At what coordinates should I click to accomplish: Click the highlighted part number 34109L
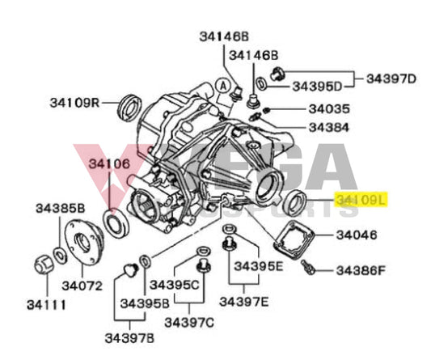pyautogui.click(x=363, y=199)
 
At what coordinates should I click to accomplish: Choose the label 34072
pyautogui.click(x=84, y=286)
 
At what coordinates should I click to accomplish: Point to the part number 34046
pyautogui.click(x=356, y=235)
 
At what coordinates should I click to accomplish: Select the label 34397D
pyautogui.click(x=391, y=78)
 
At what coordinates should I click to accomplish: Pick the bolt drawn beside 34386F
pyautogui.click(x=308, y=266)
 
